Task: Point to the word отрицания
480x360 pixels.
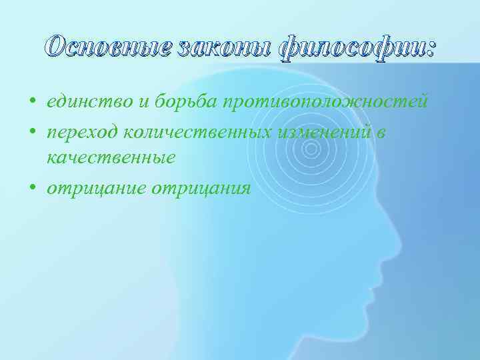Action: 201,189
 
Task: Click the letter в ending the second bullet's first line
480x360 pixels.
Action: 381,132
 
